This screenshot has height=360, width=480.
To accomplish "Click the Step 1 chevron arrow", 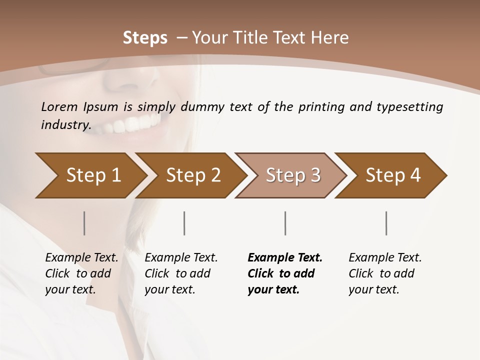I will (90, 175).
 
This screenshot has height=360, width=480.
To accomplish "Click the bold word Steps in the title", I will (145, 38).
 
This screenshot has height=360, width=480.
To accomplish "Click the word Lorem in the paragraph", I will (59, 106).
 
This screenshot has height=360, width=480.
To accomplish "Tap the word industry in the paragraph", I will (65, 124).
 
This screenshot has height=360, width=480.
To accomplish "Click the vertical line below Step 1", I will (84, 223).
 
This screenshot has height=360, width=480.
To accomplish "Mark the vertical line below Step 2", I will (184, 223).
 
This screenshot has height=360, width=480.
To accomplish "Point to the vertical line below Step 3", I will (285, 223).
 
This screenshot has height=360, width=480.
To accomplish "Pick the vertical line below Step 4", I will (386, 223).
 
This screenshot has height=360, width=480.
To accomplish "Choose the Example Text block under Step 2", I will (180, 273).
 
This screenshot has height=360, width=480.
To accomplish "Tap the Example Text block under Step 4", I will (384, 273).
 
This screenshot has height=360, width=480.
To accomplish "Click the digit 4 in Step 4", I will (415, 175).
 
